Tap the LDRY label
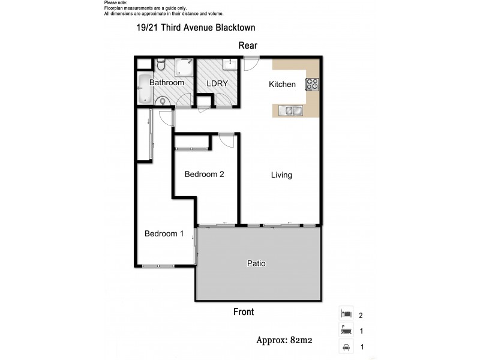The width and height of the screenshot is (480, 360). pyautogui.click(x=217, y=83)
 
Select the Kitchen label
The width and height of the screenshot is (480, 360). pyautogui.click(x=281, y=84)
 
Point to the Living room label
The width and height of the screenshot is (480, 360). pyautogui.click(x=281, y=175)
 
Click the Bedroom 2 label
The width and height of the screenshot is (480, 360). pyautogui.click(x=204, y=175)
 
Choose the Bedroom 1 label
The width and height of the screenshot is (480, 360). pyautogui.click(x=164, y=234)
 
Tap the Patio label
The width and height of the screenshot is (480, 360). pyautogui.click(x=256, y=263)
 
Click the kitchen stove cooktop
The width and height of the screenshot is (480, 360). pyautogui.click(x=313, y=84)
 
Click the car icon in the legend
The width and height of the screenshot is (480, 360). pyautogui.click(x=346, y=346)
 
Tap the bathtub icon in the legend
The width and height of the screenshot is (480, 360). pyautogui.click(x=346, y=330)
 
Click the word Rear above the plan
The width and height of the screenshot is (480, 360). pyautogui.click(x=248, y=46)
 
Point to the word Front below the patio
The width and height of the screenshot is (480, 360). pyautogui.click(x=243, y=312)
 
